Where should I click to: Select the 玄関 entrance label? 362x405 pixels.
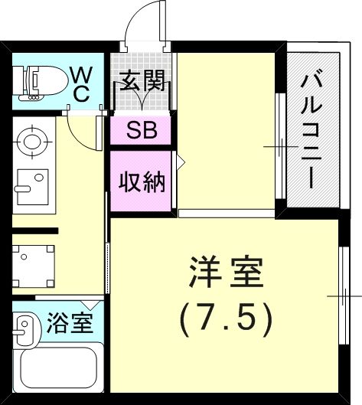click(142, 80)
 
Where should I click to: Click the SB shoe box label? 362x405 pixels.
click(142, 130)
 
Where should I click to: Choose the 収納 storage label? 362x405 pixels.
click(142, 181)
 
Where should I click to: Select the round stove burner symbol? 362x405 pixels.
click(31, 141)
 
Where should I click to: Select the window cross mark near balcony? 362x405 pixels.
click(278, 145)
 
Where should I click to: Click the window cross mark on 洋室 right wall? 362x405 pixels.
click(341, 296)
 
